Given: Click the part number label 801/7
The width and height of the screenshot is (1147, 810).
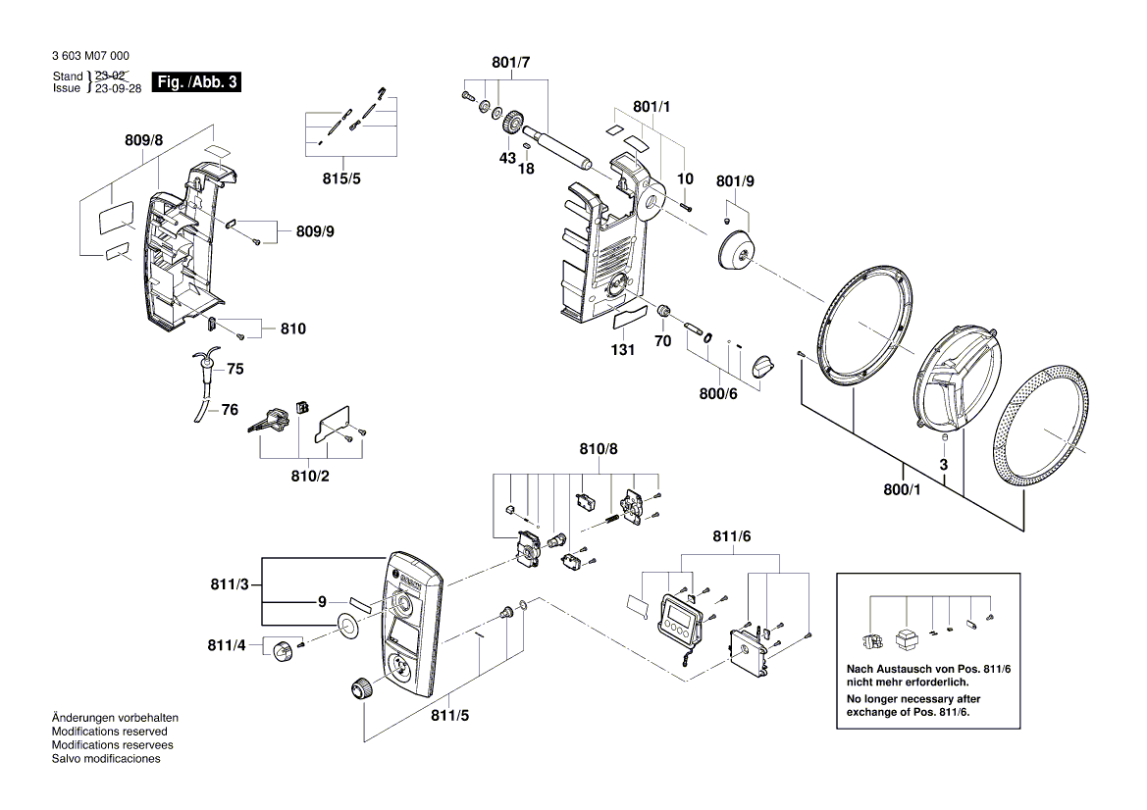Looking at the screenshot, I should [510, 63].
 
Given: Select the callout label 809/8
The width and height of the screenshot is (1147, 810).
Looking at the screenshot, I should [144, 141].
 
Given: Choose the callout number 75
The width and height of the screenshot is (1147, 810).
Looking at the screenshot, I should [235, 370].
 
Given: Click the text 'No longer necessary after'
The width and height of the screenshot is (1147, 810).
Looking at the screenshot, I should [912, 698].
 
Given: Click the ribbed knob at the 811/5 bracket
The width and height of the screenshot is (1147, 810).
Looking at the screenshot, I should [360, 688].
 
